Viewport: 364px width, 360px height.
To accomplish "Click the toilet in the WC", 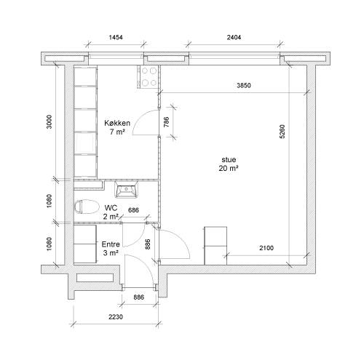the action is click(87, 207).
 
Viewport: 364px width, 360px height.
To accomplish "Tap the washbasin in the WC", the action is click(126, 189).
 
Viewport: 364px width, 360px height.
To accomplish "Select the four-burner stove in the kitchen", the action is click(148, 77).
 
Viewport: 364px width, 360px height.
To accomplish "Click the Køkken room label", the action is click(117, 123).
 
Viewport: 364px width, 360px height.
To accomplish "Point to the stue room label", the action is click(229, 160).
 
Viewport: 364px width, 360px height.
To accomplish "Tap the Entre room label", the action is click(111, 244).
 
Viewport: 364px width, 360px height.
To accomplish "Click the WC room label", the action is click(111, 208).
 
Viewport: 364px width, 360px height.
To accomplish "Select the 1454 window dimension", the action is click(116, 37).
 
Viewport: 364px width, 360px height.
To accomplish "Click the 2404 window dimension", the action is click(234, 37).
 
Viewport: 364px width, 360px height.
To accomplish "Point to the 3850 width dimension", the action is click(244, 85).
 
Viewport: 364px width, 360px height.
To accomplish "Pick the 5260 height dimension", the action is click(282, 132).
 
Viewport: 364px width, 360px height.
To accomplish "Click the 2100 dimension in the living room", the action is click(266, 248).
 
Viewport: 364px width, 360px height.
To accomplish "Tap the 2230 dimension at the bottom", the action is click(116, 316).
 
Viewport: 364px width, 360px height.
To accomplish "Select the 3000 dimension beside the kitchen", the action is click(50, 121).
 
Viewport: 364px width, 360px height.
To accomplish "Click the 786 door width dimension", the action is click(166, 122).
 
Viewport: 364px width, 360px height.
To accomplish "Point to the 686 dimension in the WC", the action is click(133, 210).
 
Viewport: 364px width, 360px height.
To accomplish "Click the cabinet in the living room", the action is click(215, 246).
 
